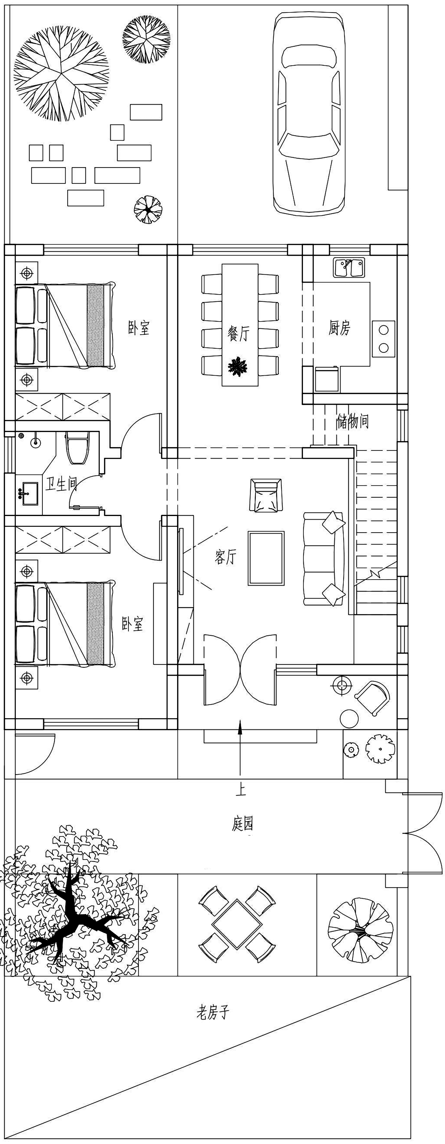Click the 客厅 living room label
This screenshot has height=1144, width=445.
coord(225,557)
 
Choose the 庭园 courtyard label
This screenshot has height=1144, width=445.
coord(242,824)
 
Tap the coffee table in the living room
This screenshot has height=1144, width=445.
coord(266,558)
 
